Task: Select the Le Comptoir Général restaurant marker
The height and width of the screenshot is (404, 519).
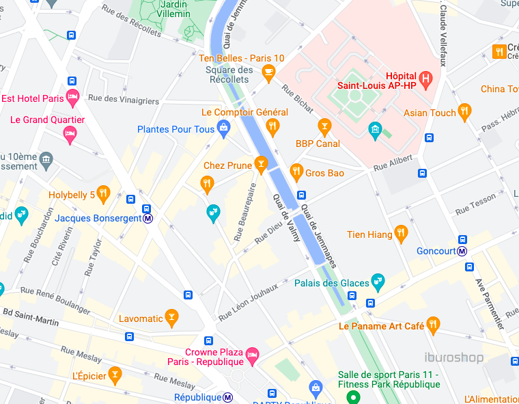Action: (272, 125)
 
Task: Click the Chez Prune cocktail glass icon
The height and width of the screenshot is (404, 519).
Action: (259, 163)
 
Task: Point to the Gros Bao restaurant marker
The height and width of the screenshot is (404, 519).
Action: (296, 170)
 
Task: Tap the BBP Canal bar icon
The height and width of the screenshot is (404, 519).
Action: (324, 126)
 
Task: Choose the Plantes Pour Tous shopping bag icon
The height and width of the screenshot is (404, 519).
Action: (223, 127)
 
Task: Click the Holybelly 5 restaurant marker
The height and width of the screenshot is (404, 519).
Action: (103, 193)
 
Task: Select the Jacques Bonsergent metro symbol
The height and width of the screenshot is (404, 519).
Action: (148, 219)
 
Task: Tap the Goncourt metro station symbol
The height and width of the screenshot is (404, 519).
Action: (462, 251)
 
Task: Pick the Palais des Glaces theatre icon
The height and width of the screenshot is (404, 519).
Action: (378, 280)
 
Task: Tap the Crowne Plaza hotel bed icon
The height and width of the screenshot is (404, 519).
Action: (252, 353)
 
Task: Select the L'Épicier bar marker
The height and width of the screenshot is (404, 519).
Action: (115, 374)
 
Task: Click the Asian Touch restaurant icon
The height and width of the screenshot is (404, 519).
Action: (464, 111)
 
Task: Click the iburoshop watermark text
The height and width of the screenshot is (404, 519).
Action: (453, 358)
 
